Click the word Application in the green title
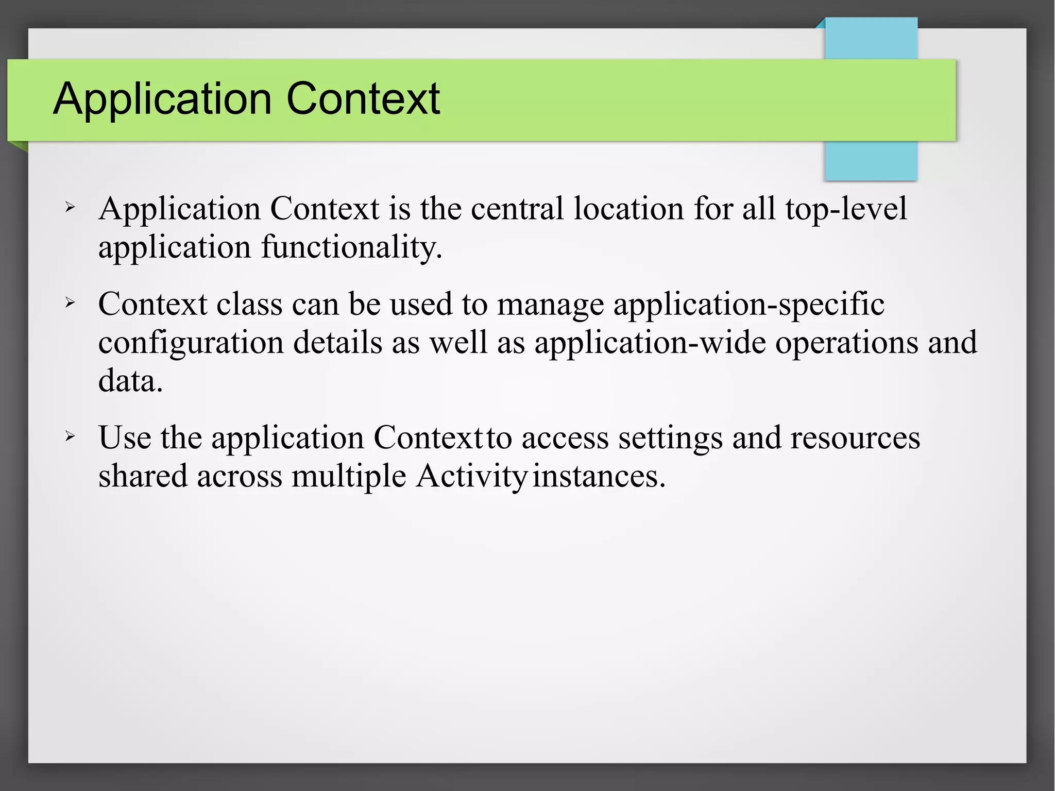(162, 99)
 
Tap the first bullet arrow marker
(70, 208)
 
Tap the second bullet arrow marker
(70, 302)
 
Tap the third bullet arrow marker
(70, 436)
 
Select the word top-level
(846, 209)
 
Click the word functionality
(352, 247)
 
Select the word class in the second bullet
(249, 304)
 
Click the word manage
(550, 305)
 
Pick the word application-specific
(748, 305)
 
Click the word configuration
(191, 343)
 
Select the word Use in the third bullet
(125, 438)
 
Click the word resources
(855, 438)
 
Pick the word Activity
(471, 477)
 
